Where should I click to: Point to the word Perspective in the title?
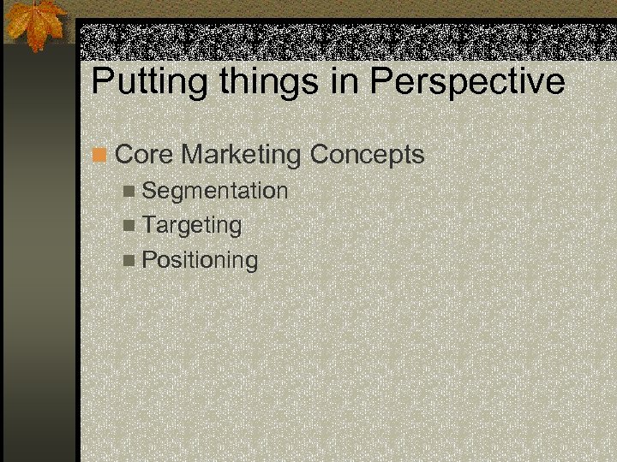pos(468,82)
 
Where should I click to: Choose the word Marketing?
pos(242,156)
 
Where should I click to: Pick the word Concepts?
pos(367,156)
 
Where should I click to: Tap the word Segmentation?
pos(215,191)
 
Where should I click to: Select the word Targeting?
pos(192,226)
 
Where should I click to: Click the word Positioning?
pos(200,260)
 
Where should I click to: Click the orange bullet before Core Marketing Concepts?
pos(101,156)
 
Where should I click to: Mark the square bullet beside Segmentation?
pos(129,192)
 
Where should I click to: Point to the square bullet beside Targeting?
pos(129,226)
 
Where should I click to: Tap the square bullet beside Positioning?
pos(129,260)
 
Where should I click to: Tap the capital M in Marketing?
pos(195,155)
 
